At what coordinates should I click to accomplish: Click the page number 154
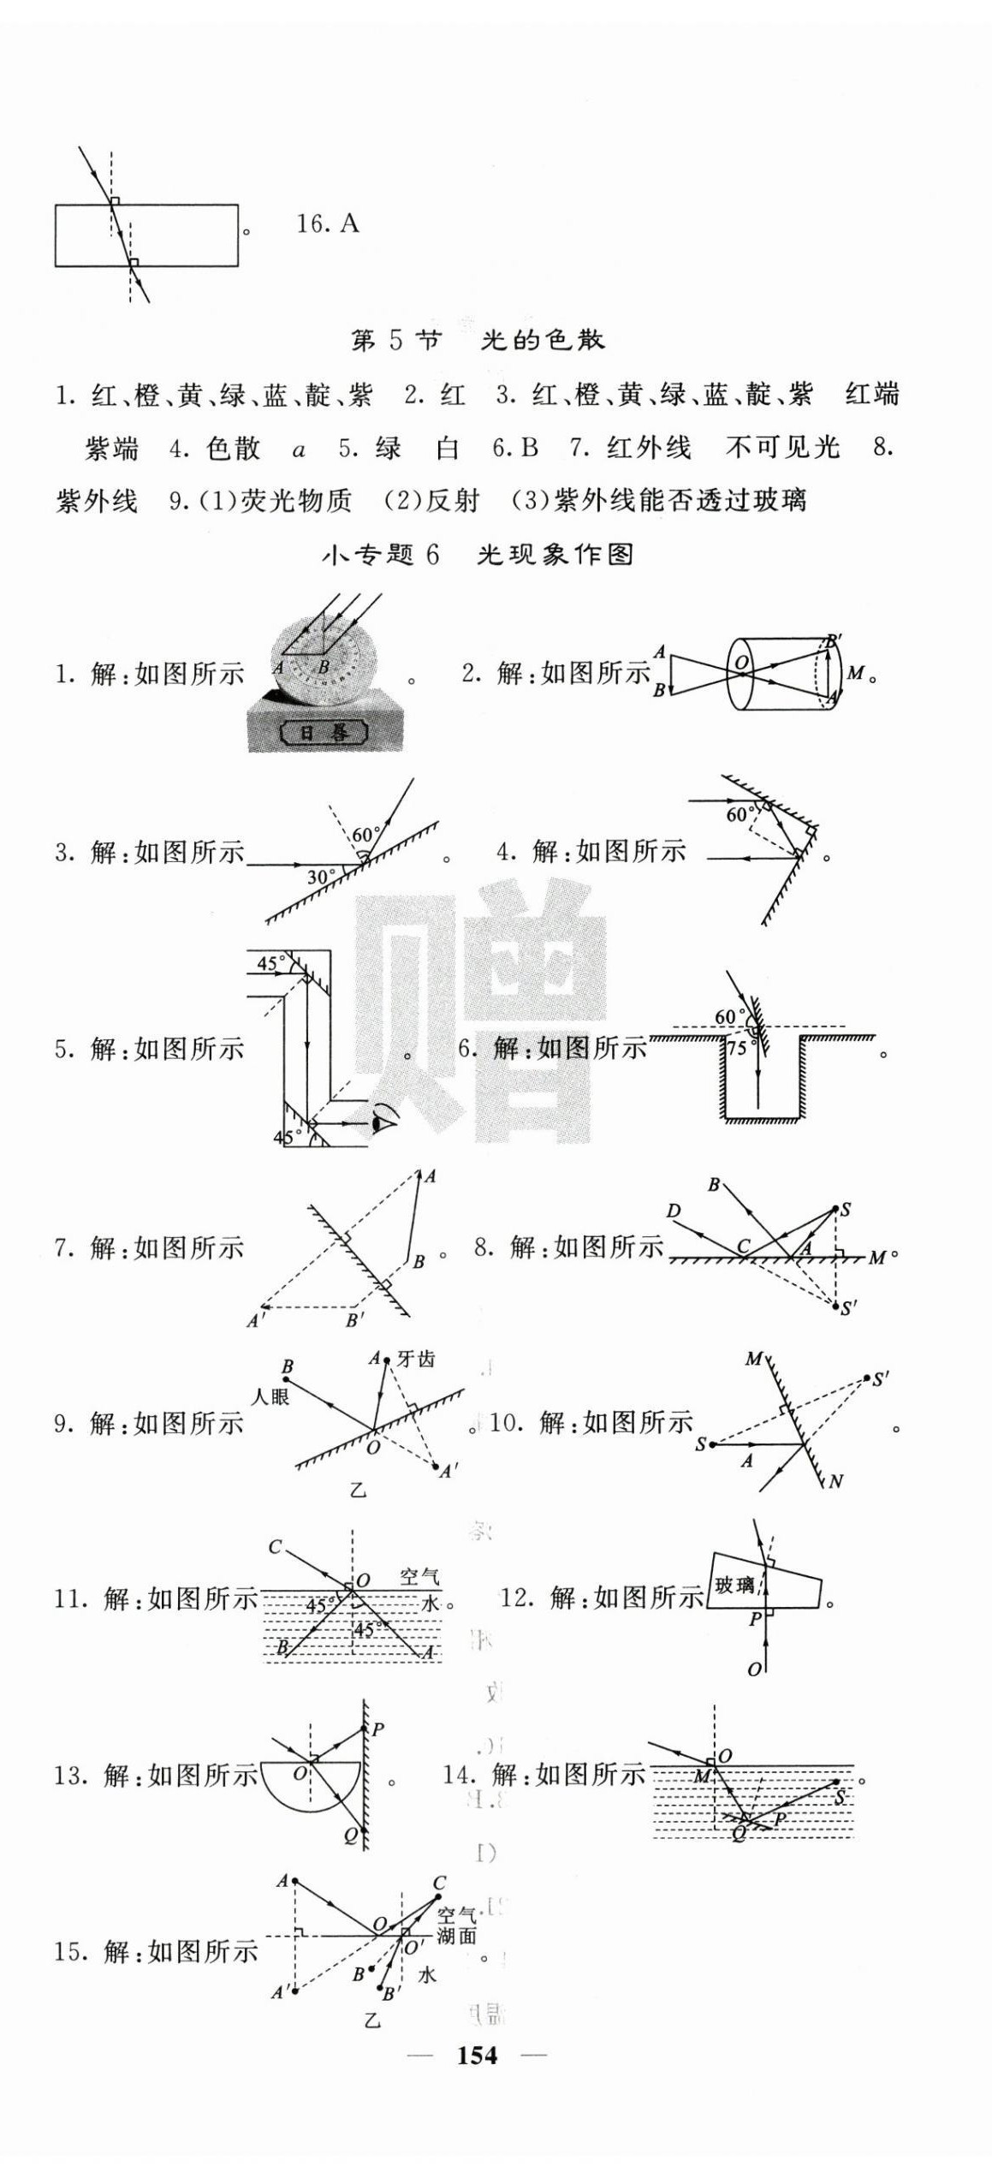(477, 2055)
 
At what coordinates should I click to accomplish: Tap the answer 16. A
(327, 224)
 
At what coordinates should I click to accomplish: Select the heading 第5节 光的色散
(478, 341)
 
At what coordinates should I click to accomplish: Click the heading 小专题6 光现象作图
(478, 555)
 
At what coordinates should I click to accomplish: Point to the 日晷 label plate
(325, 732)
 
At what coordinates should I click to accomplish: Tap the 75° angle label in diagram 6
(737, 1048)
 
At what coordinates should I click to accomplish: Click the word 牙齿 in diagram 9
(416, 1359)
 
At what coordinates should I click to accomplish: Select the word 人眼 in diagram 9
(270, 1396)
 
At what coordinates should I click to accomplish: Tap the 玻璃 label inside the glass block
(734, 1586)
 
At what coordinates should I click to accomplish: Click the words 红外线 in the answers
(648, 448)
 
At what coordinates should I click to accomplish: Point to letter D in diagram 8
(674, 1211)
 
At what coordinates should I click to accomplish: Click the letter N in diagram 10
(835, 1481)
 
